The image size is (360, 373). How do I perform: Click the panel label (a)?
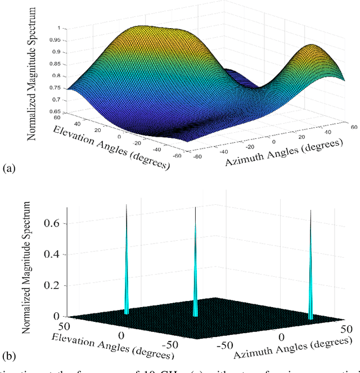[x=10, y=168]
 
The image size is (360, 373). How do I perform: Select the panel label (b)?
[x=10, y=356]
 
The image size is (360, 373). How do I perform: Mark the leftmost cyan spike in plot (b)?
[x=127, y=264]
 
